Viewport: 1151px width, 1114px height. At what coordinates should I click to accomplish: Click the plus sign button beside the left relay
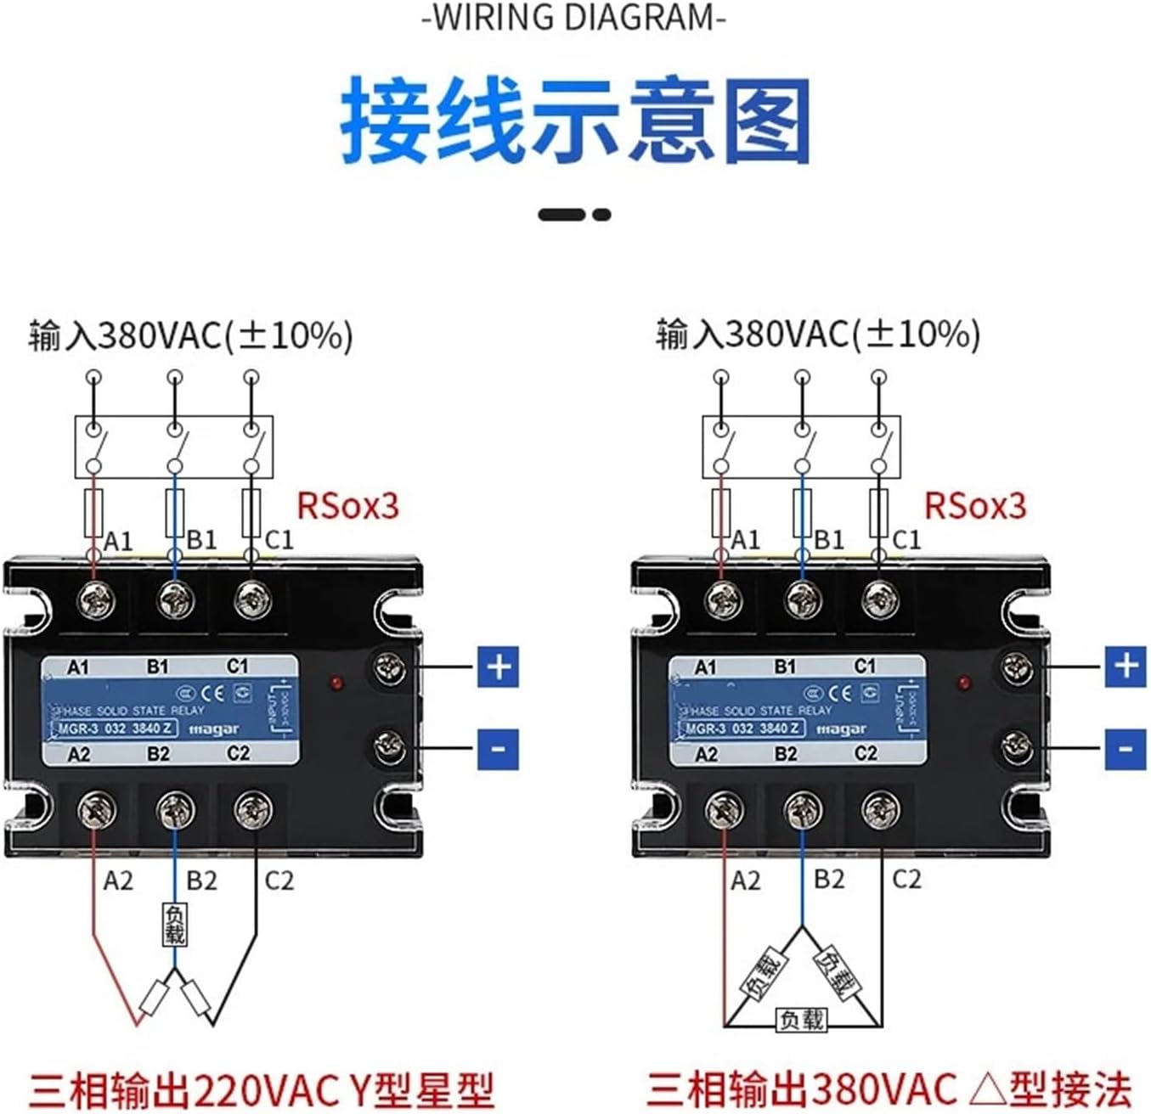pos(498,667)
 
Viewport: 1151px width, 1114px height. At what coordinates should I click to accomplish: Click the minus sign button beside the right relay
pos(1125,749)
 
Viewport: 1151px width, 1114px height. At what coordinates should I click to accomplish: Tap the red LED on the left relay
pos(337,683)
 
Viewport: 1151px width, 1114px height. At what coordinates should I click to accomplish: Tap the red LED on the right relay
pos(964,683)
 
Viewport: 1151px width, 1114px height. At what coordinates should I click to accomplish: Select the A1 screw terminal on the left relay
pos(95,601)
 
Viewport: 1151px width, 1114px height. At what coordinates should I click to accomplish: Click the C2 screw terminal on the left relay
pos(253,810)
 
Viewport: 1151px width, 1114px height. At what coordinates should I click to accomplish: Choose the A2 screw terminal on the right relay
pos(725,810)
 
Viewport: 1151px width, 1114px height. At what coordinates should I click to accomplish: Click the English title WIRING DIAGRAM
pos(574,18)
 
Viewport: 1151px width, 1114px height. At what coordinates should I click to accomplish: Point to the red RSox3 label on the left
pos(347,506)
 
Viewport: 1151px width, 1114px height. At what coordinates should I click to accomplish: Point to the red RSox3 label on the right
pos(975,506)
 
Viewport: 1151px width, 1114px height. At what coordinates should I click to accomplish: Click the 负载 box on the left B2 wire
pos(174,924)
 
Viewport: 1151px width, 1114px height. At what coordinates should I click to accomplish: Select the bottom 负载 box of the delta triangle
pos(801,1019)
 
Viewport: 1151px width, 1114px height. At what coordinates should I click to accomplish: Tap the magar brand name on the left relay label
pos(213,729)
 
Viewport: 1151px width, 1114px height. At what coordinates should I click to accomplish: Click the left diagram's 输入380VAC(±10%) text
pos(190,335)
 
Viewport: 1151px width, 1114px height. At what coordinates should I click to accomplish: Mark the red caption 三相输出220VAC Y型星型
pos(261,1089)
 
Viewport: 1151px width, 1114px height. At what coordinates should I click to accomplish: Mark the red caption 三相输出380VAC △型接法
pos(889,1089)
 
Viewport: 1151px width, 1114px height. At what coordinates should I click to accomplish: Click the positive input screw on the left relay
pos(390,668)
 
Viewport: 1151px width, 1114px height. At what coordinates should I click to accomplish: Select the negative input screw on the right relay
pos(1017,747)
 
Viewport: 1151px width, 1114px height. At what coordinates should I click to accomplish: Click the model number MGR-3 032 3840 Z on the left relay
pos(116,729)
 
